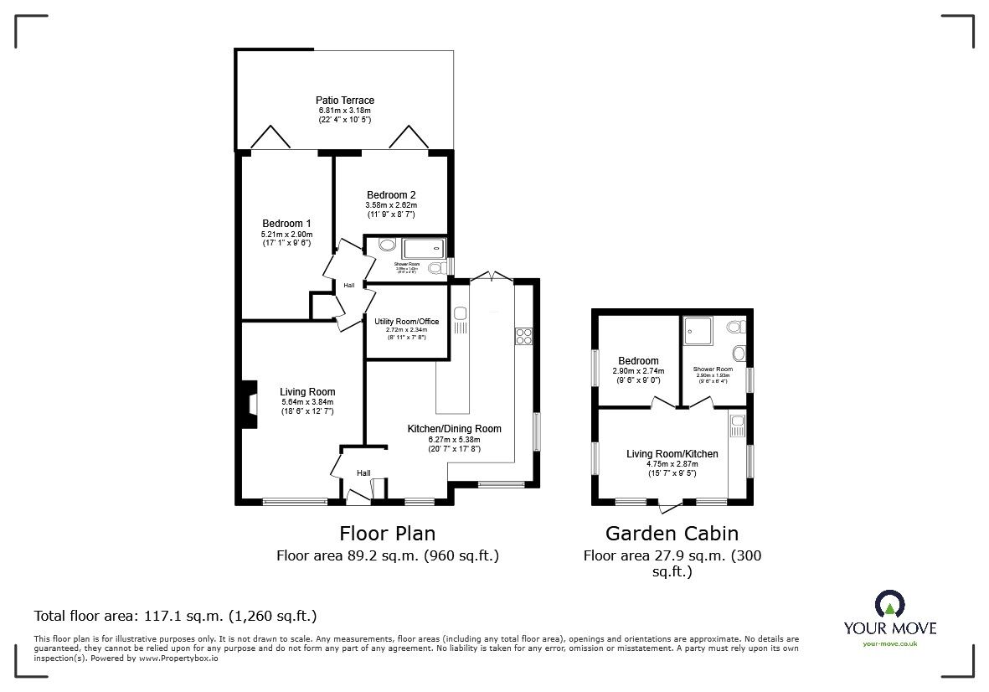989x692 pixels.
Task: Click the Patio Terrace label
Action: pos(345,101)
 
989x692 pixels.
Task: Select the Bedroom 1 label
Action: pos(286,223)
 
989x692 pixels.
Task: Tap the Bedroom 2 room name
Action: pos(390,194)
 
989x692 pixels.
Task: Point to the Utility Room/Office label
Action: pos(406,322)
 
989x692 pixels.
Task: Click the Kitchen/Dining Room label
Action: pos(454,429)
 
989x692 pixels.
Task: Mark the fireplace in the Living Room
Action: pos(250,405)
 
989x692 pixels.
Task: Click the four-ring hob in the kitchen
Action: pos(523,336)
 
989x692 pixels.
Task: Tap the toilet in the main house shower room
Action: pos(435,268)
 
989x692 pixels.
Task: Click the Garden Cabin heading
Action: pos(672,533)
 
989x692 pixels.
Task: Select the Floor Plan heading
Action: pos(387,533)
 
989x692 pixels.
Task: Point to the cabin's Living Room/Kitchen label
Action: pos(672,454)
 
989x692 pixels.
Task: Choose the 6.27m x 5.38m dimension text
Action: pos(454,439)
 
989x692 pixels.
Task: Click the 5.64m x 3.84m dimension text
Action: pos(307,401)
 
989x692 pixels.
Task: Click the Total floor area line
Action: pos(175,616)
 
